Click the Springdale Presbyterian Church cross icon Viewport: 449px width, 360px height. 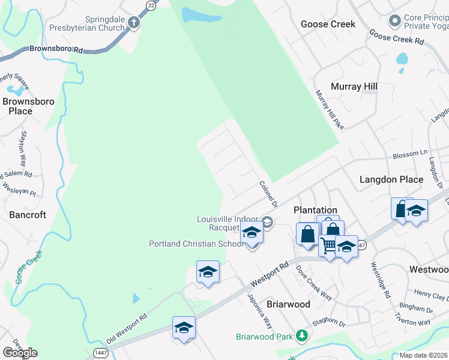(133, 23)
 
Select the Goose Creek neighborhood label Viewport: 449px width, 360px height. (328, 24)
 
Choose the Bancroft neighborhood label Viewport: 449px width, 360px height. (28, 215)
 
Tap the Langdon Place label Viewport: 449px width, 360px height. (391, 179)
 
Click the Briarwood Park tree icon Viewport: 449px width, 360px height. (304, 335)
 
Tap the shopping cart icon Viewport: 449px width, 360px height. (328, 246)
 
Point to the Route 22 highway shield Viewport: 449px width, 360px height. (151, 4)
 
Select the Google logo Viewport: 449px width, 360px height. (20, 352)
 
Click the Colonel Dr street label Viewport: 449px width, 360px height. (268, 194)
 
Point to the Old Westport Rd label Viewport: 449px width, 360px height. (127, 331)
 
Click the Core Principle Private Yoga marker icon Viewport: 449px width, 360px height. (394, 22)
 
